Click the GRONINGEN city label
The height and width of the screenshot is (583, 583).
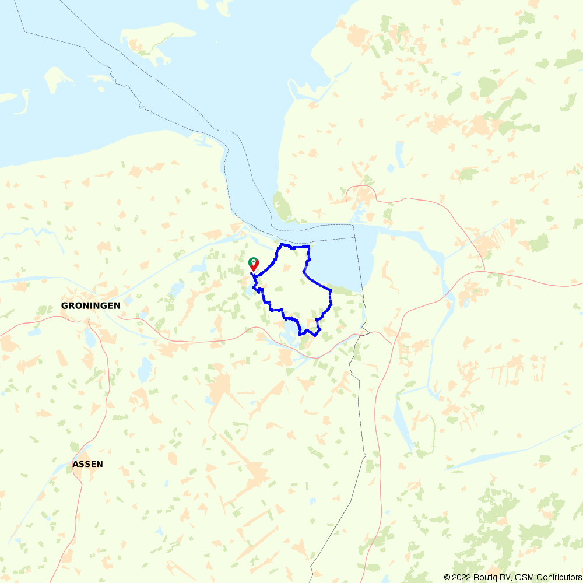[91, 305]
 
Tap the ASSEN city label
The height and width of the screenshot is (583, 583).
[88, 465]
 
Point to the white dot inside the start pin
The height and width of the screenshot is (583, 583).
[253, 261]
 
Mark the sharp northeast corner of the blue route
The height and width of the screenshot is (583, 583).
[308, 247]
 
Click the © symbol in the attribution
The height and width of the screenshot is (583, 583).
[447, 577]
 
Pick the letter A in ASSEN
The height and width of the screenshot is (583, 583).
[76, 465]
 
